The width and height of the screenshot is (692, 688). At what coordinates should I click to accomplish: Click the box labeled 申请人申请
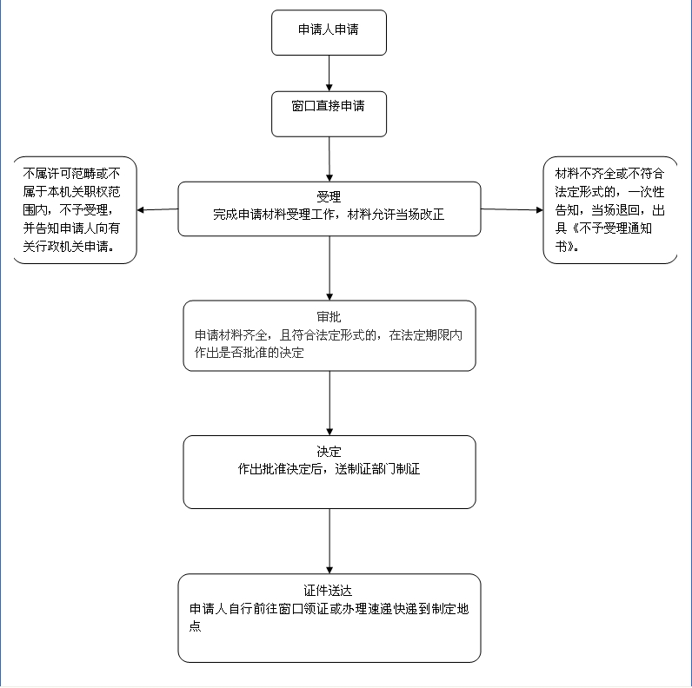click(x=329, y=30)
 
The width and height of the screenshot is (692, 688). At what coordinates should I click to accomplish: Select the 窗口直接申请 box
click(x=329, y=107)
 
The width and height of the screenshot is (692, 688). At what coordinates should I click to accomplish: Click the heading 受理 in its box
click(x=329, y=195)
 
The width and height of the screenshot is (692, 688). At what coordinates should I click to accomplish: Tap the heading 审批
click(x=329, y=316)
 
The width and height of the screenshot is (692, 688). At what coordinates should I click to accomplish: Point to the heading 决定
click(x=329, y=452)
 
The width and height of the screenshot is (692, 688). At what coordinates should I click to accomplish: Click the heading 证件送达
click(x=329, y=591)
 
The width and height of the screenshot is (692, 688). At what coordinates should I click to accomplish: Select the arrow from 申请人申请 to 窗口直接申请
click(x=329, y=73)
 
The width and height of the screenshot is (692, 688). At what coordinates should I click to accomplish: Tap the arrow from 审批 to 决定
click(x=329, y=403)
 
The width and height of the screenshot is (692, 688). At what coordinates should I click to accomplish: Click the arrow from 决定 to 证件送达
click(x=329, y=540)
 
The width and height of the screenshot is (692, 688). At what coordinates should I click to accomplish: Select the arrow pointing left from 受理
click(x=157, y=209)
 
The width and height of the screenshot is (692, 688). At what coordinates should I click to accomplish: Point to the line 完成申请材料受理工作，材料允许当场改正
click(x=329, y=214)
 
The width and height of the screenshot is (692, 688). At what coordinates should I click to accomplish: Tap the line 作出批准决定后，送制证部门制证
click(x=329, y=469)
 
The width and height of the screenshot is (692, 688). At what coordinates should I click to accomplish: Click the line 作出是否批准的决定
click(x=249, y=354)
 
